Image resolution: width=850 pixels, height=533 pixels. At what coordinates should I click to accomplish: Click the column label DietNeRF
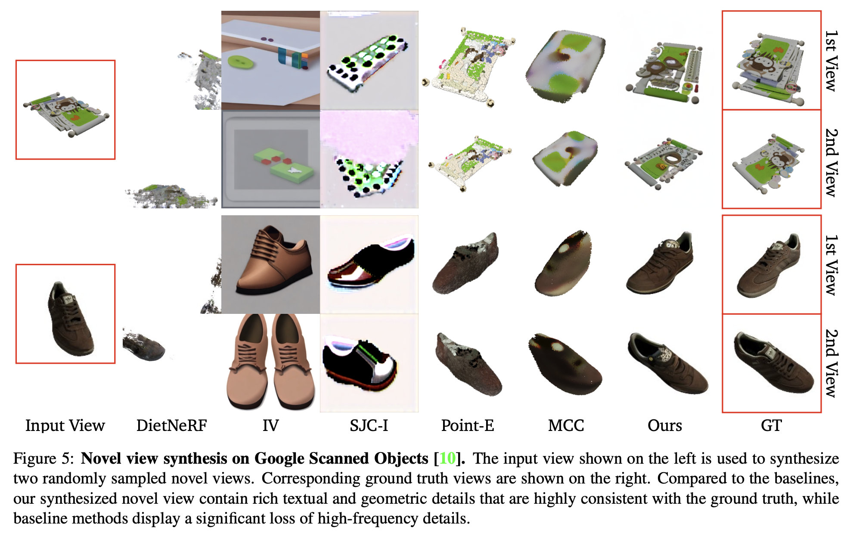pyautogui.click(x=171, y=425)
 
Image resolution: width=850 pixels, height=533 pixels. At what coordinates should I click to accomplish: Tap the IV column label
pyautogui.click(x=270, y=425)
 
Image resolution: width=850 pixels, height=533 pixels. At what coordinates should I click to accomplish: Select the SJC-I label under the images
pyautogui.click(x=369, y=425)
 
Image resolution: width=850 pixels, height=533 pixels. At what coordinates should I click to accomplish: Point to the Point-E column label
pyautogui.click(x=468, y=425)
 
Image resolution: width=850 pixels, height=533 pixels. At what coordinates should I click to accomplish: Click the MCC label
pyautogui.click(x=566, y=425)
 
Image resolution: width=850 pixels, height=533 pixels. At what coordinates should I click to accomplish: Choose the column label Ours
pyautogui.click(x=664, y=425)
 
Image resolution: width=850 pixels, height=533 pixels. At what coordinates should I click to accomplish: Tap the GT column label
pyautogui.click(x=771, y=425)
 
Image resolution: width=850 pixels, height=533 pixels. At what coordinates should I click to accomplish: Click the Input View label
pyautogui.click(x=65, y=425)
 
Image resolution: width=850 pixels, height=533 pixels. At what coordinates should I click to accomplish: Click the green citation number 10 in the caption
pyautogui.click(x=447, y=459)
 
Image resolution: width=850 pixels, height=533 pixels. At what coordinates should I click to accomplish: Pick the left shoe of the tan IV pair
pyautogui.click(x=247, y=362)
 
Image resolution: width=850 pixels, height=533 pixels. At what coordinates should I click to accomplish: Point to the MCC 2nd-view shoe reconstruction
pyautogui.click(x=564, y=364)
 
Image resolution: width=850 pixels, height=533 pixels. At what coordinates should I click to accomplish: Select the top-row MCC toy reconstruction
pyautogui.click(x=565, y=65)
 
